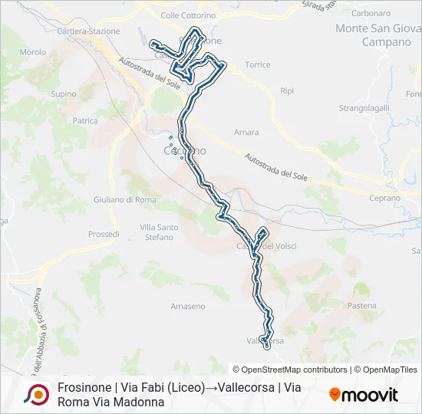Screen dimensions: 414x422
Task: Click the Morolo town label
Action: [x=33, y=52]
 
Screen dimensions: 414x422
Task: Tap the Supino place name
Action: [x=63, y=94]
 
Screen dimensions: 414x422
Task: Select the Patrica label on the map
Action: [x=85, y=121]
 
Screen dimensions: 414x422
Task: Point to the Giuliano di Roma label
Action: [x=124, y=199]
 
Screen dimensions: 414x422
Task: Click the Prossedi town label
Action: [x=104, y=234]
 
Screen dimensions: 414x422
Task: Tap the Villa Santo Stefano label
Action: [x=160, y=232]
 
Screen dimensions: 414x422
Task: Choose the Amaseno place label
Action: [x=188, y=306]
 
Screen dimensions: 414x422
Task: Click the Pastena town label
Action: [x=362, y=305]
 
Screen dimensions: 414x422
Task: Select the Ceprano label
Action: [x=384, y=198]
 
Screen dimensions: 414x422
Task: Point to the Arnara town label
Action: [x=246, y=132]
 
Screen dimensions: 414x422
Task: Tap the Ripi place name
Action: [x=287, y=90]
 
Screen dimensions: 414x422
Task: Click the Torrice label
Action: [x=257, y=64]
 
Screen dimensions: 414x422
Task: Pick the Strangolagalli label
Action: [x=365, y=108]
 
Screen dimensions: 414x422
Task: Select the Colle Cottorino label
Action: [x=189, y=15]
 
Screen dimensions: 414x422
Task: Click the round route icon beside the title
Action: [x=36, y=394]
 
